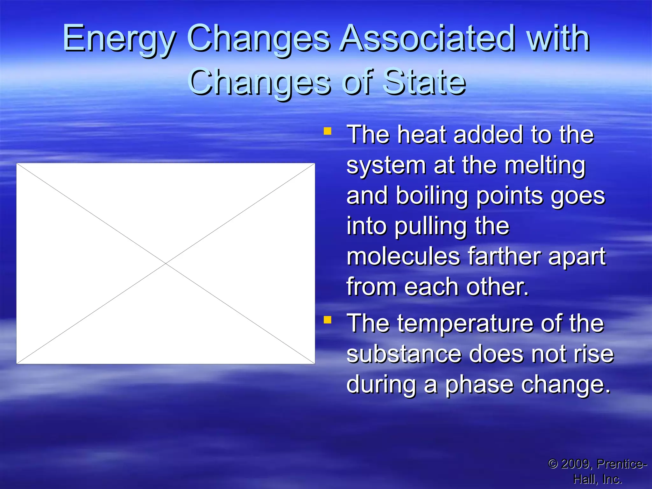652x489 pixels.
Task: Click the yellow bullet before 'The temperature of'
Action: [327, 320]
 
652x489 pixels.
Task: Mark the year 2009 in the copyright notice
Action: [575, 464]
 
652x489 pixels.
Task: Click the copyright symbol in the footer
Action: [553, 464]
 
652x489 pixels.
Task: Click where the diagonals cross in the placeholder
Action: [166, 264]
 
